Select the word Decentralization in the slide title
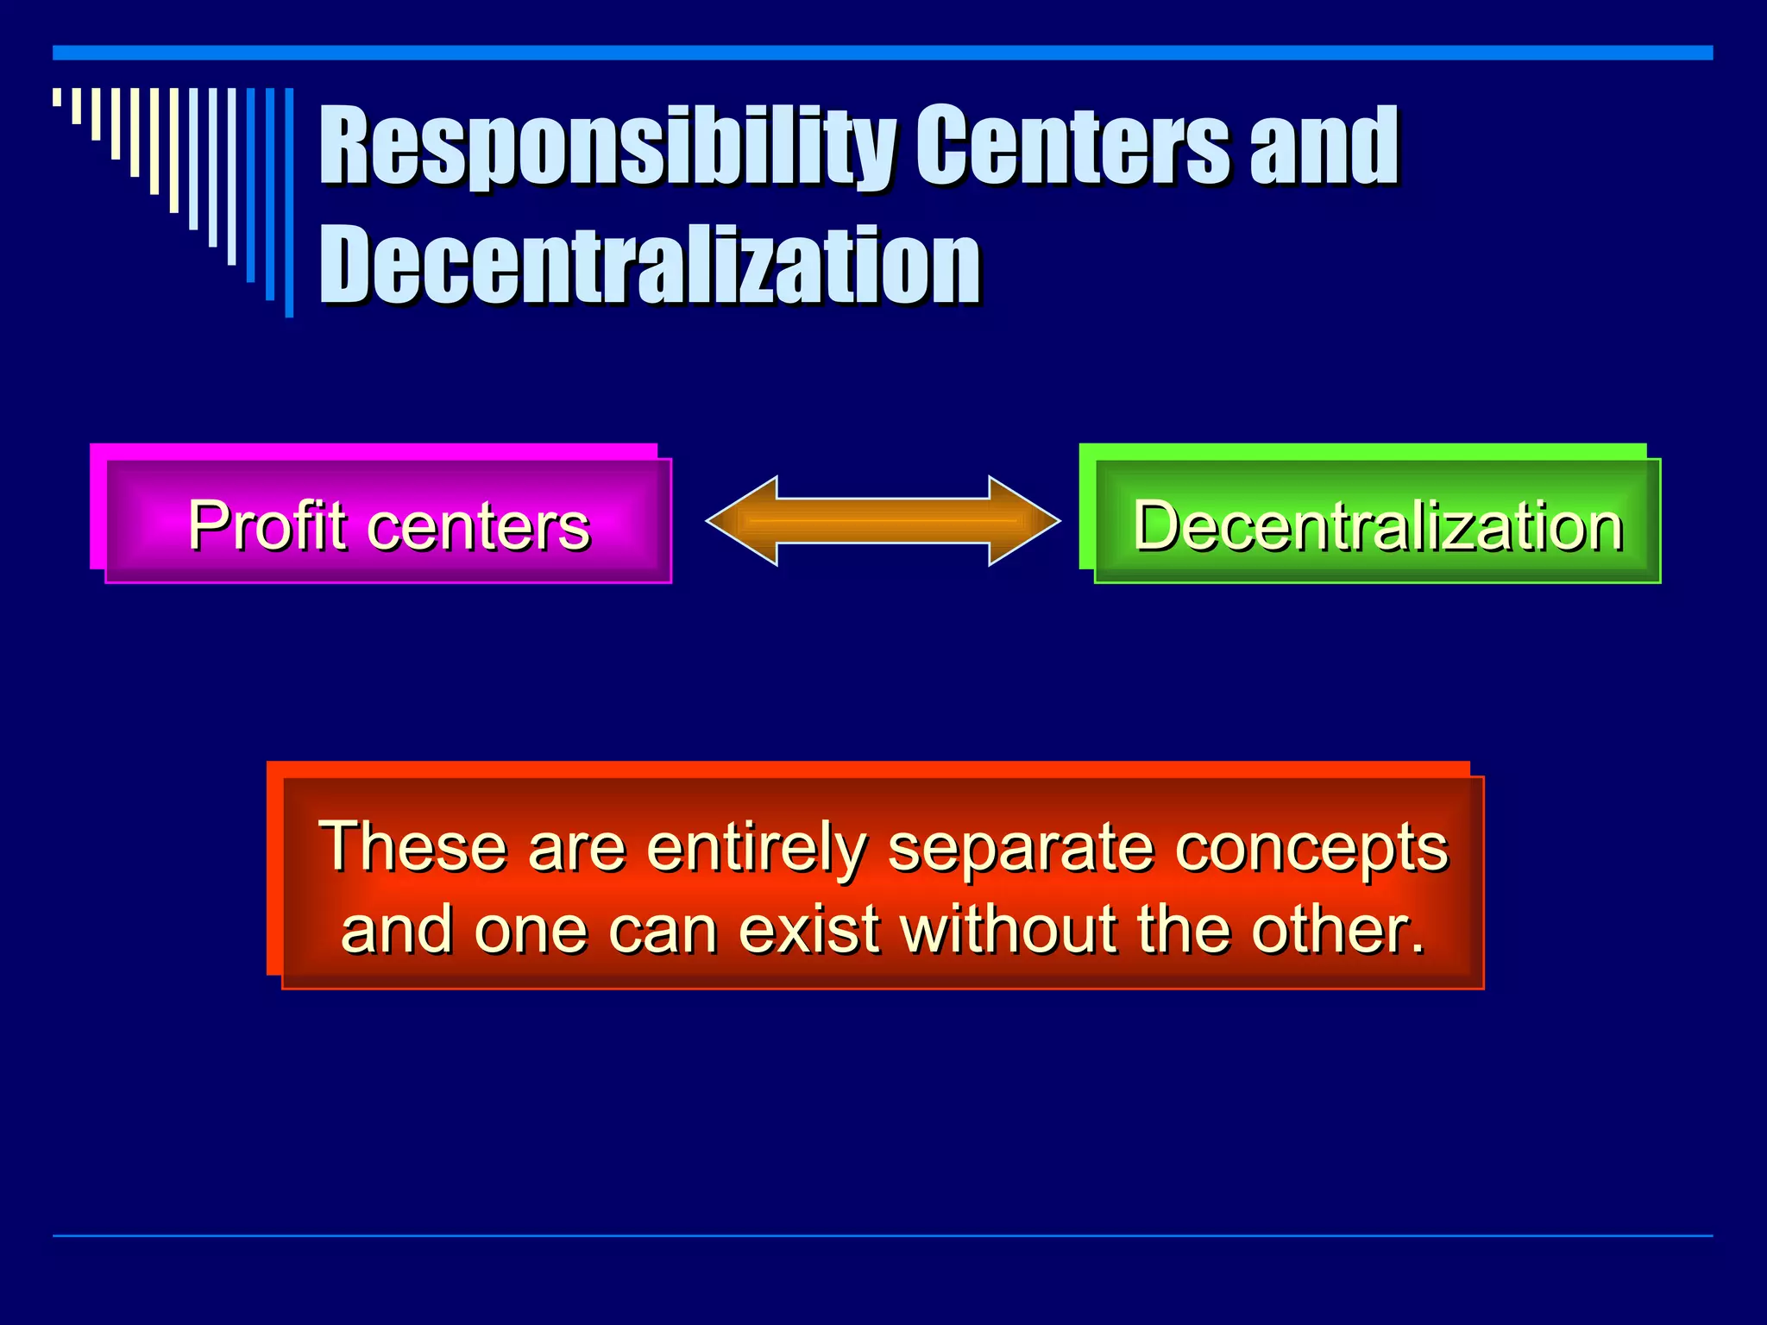[x=651, y=266]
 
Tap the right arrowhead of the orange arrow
[x=1023, y=521]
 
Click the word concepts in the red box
[x=1311, y=848]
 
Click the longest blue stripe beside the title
[x=290, y=203]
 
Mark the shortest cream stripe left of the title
[x=57, y=97]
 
